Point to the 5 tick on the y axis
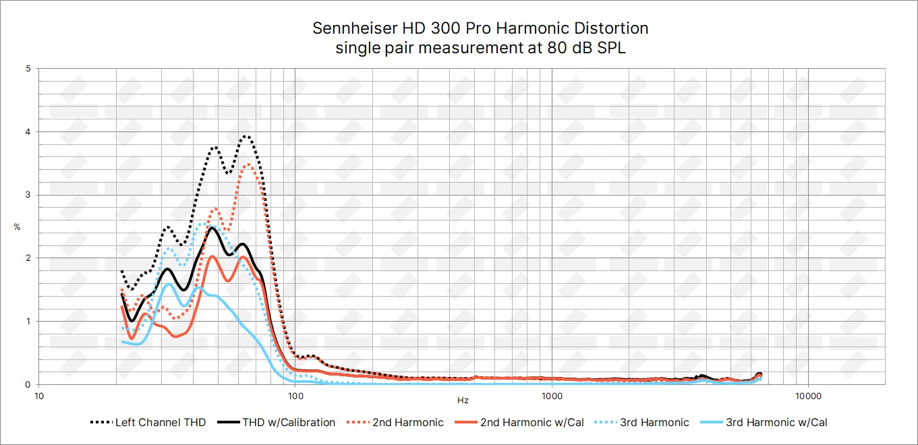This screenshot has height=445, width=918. [27, 69]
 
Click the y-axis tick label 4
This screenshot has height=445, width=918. [27, 131]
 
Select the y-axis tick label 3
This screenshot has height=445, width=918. [27, 195]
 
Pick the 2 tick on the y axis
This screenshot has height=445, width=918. [27, 258]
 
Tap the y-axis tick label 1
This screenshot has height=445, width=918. [27, 321]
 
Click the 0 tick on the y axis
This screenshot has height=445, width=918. [27, 384]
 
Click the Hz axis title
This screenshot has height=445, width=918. [463, 400]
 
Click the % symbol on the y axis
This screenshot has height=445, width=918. [17, 227]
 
